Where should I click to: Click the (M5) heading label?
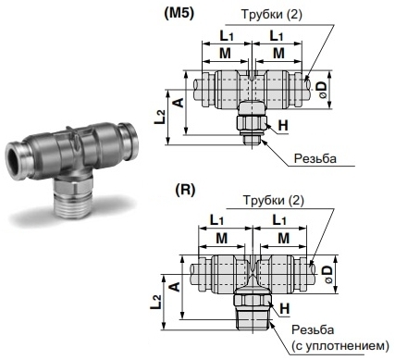[x=179, y=14]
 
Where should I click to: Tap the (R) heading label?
[x=185, y=190]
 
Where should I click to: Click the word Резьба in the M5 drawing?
[x=315, y=158]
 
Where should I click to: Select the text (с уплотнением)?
[x=340, y=346]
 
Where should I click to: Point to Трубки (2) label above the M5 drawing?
[x=271, y=15]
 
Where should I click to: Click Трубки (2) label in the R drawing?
[x=274, y=200]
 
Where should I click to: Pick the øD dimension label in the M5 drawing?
[x=323, y=90]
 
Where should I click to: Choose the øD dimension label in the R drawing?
[x=328, y=274]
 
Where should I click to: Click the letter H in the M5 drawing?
[x=283, y=126]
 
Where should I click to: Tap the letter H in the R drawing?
[x=285, y=308]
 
